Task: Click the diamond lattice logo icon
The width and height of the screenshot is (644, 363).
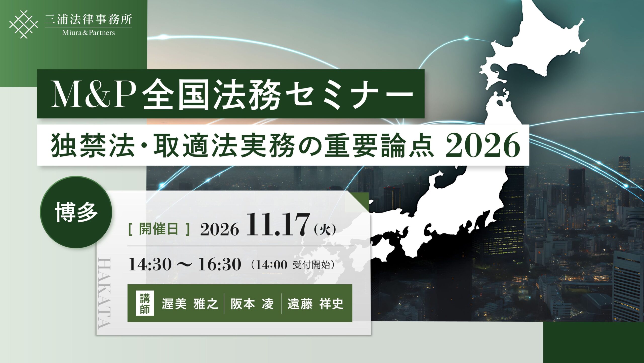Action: click(24, 24)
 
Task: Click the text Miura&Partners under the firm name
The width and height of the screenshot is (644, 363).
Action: click(89, 33)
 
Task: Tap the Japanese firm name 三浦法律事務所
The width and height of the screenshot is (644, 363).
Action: click(88, 19)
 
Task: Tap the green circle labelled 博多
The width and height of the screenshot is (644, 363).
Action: click(76, 212)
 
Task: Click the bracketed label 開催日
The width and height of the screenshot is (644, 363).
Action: click(159, 229)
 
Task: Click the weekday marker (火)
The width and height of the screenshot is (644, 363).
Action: click(325, 230)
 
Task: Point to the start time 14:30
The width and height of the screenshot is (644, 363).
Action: click(150, 265)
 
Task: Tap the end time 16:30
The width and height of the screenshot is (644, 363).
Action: click(220, 265)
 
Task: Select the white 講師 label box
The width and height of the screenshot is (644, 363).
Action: click(145, 303)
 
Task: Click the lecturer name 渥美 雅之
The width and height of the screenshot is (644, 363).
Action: click(190, 304)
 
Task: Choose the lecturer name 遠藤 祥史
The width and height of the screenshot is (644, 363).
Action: click(315, 304)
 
